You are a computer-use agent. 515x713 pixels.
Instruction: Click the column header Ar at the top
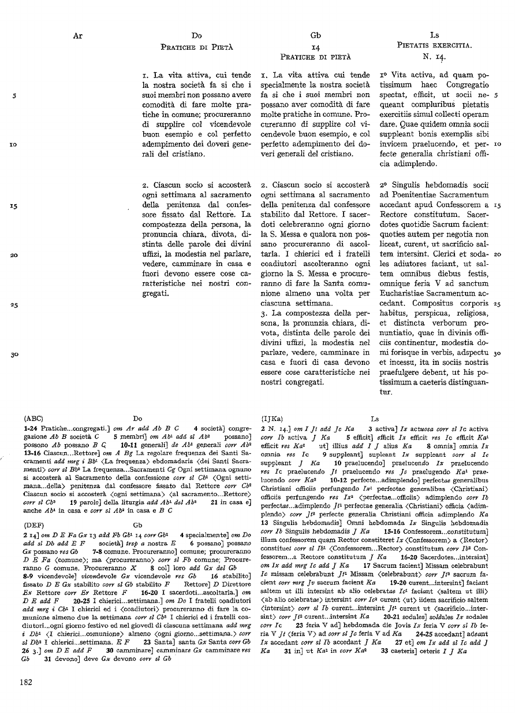[x=79, y=36]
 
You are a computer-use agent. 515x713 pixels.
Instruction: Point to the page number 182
[x=25, y=682]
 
